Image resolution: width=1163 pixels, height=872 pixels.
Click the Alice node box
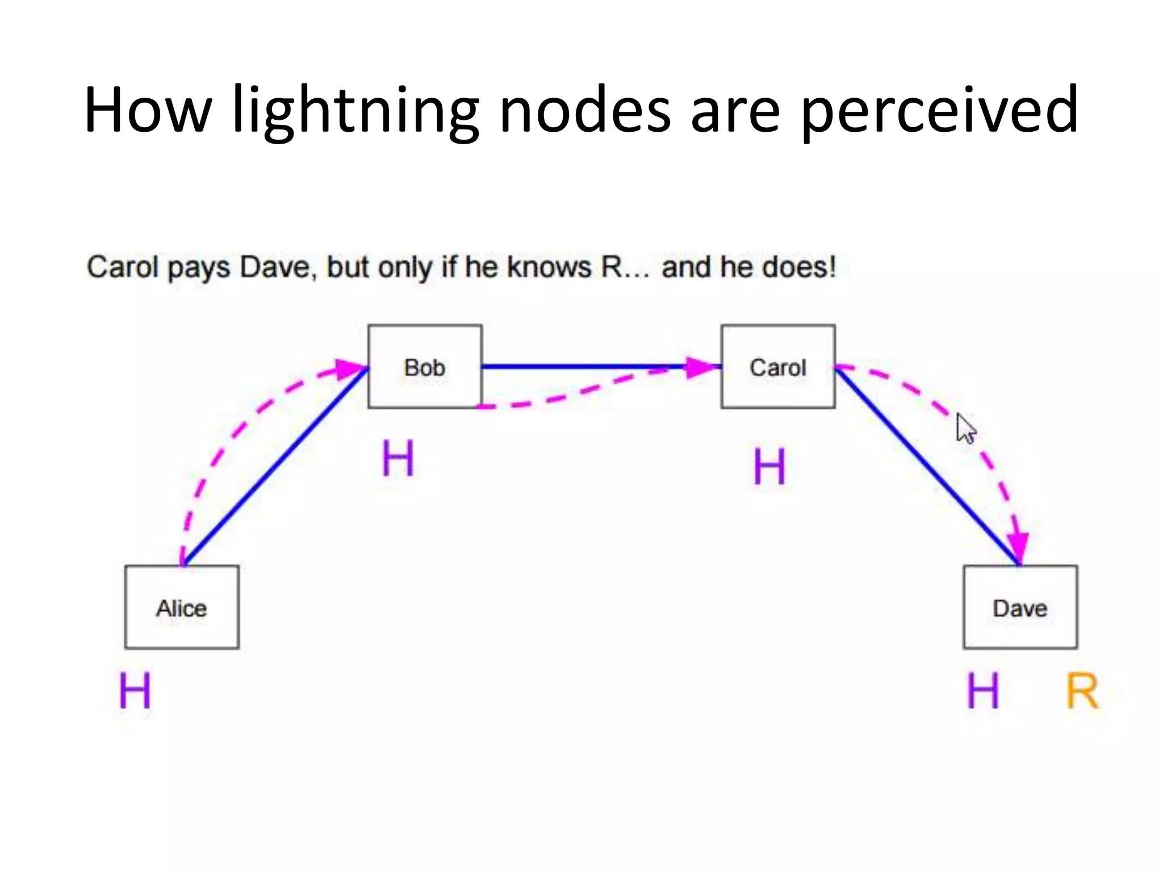[x=182, y=607]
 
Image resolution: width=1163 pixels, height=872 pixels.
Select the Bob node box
[x=425, y=367]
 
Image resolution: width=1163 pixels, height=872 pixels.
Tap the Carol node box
[x=778, y=367]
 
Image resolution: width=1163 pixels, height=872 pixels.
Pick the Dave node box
[x=1020, y=607]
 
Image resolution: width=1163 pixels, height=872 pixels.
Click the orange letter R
[x=1082, y=691]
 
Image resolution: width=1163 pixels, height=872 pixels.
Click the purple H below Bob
[x=398, y=459]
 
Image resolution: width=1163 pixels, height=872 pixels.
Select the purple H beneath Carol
[x=769, y=467]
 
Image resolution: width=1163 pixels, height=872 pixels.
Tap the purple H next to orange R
[x=983, y=691]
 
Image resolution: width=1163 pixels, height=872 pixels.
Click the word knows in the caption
[x=549, y=266]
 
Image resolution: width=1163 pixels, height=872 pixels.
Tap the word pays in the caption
[x=199, y=267]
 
